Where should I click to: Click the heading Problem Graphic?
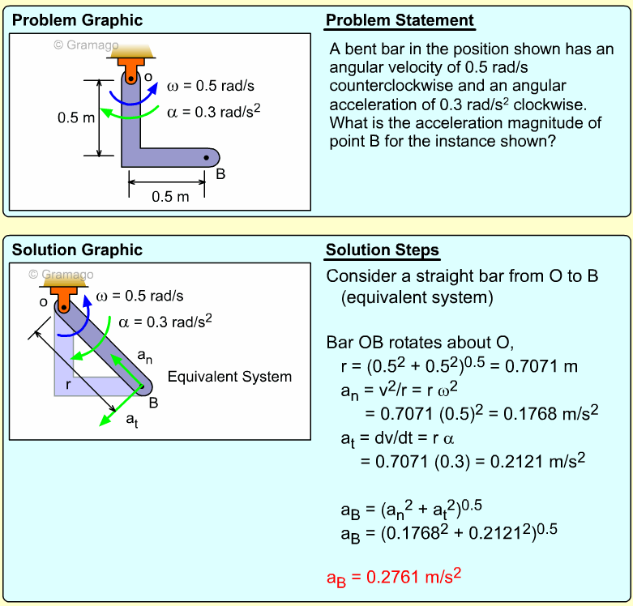tap(77, 20)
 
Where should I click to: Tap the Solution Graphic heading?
tap(77, 250)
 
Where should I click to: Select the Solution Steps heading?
tap(383, 250)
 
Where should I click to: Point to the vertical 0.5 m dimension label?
tap(75, 118)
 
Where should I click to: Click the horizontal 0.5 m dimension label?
tap(169, 197)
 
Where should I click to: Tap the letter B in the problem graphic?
tap(220, 173)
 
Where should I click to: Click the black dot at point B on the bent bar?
tap(207, 157)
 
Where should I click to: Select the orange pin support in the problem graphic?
tap(130, 62)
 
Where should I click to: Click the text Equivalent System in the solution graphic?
tap(229, 377)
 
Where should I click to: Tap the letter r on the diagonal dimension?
tap(68, 386)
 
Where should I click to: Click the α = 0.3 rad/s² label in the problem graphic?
tap(213, 111)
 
